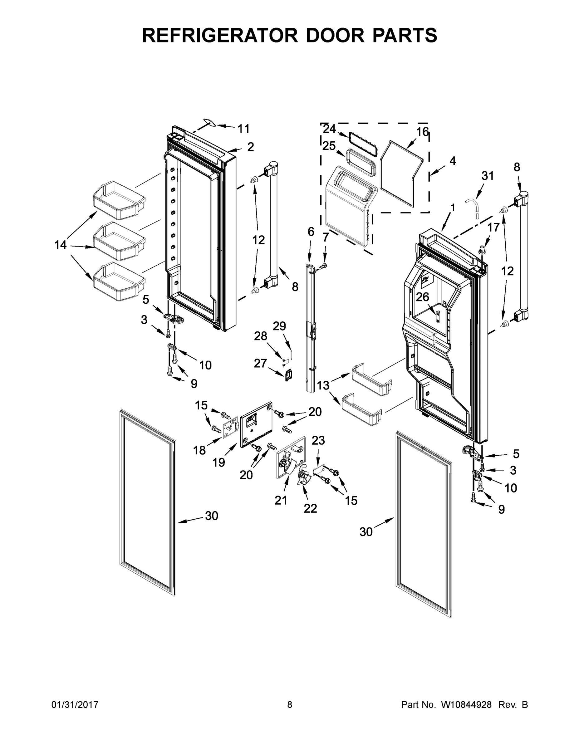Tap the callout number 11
[243, 129]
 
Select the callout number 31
[488, 176]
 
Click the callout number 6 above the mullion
[311, 232]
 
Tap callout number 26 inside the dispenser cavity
[422, 297]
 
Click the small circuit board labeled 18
[230, 429]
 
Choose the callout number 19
[218, 463]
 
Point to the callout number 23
[318, 440]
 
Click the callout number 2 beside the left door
[251, 147]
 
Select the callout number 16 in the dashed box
[423, 132]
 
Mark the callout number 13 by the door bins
[323, 385]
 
